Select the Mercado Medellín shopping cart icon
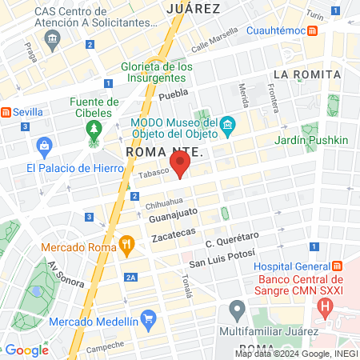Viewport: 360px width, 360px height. (148, 320)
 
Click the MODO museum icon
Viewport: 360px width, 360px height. (227, 125)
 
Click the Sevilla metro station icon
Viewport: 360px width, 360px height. (6, 113)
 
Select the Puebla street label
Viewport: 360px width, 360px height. (173, 95)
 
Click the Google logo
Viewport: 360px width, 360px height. (27, 350)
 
